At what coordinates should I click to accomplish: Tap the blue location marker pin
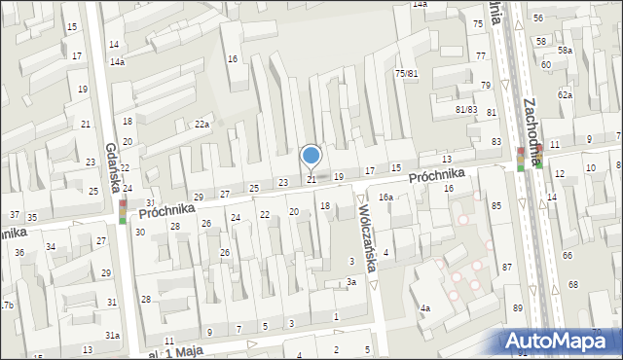point(311,156)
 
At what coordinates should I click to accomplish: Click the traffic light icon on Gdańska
point(124,209)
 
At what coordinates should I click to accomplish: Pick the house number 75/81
point(406,74)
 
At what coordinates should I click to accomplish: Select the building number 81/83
point(466,109)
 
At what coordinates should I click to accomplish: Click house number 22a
point(202,124)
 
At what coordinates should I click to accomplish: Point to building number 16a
point(385,198)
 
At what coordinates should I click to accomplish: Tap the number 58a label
point(566,50)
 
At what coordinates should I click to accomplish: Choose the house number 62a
point(565,94)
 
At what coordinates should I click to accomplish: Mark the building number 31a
point(113,335)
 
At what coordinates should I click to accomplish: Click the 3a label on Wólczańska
point(351,282)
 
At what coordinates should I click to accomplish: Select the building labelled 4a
point(425,308)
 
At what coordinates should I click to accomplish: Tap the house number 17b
point(7,306)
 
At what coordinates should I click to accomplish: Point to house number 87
point(506,267)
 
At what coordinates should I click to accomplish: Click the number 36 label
point(19,252)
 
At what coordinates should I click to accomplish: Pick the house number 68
point(572,284)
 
